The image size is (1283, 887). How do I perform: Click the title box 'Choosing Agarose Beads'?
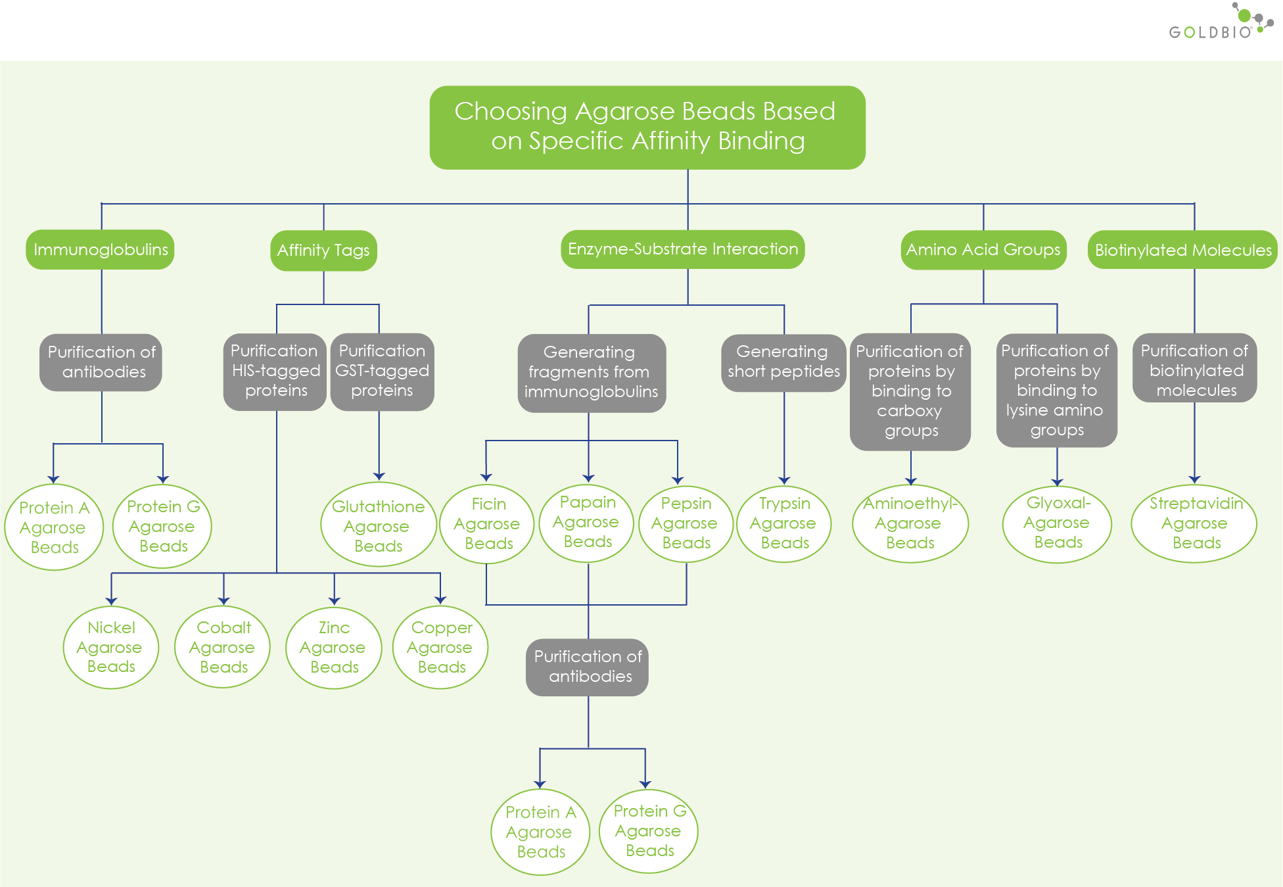647,127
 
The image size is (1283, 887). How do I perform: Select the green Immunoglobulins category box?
101,249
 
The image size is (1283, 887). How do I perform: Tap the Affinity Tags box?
323,250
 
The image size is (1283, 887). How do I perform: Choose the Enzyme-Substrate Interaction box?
682,249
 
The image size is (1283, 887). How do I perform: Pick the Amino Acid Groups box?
983,250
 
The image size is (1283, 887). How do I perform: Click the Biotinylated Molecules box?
1182,250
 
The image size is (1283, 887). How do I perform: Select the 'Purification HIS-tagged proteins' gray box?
275,372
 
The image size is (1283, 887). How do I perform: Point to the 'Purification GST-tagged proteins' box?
382,372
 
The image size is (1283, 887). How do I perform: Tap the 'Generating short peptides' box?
783,362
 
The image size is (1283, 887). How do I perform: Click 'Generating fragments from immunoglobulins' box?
591,373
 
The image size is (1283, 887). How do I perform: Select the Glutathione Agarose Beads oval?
378,526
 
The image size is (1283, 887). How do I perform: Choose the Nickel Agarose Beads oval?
111,648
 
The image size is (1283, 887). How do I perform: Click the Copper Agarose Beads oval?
440,648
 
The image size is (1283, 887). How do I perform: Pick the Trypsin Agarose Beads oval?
783,524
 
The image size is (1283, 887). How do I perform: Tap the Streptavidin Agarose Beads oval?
1194,524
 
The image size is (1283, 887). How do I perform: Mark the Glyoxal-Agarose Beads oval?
1057,524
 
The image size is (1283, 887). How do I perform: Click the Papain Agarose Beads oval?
587,523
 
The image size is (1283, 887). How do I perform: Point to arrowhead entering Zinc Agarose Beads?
334,600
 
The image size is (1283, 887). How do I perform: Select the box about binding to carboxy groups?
910,391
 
